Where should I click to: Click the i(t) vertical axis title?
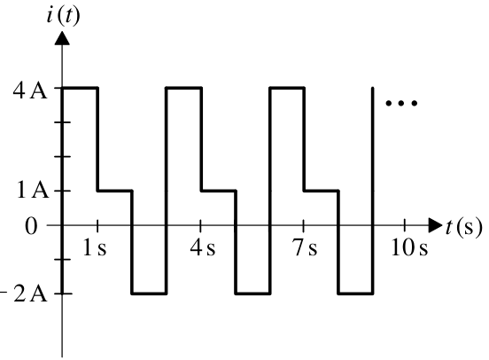click(x=63, y=15)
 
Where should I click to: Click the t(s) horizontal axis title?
click(x=463, y=227)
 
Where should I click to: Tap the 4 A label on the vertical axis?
click(x=30, y=90)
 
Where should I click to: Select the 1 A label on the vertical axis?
click(x=33, y=190)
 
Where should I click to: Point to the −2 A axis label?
click(x=24, y=293)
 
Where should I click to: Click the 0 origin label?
click(x=31, y=226)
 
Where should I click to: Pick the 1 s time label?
click(x=95, y=248)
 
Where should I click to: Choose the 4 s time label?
click(x=203, y=248)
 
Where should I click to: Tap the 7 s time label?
click(x=305, y=248)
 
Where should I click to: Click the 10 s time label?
click(x=409, y=248)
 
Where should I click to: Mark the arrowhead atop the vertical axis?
click(x=62, y=39)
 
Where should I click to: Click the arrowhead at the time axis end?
click(x=436, y=225)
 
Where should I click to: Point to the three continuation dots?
click(x=401, y=103)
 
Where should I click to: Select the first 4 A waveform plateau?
click(x=80, y=88)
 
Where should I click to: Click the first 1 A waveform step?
click(x=115, y=190)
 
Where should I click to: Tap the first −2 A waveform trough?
click(x=149, y=293)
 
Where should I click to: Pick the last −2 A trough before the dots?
click(x=355, y=293)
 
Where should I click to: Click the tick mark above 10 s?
click(x=405, y=225)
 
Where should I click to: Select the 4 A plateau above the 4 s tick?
click(x=184, y=88)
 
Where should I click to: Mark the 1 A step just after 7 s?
click(x=322, y=190)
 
